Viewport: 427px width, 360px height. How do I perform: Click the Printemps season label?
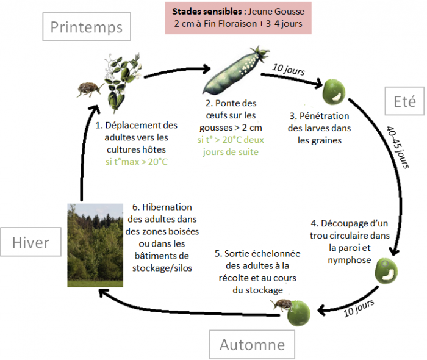87,27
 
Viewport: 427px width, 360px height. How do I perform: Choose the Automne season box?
252,345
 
